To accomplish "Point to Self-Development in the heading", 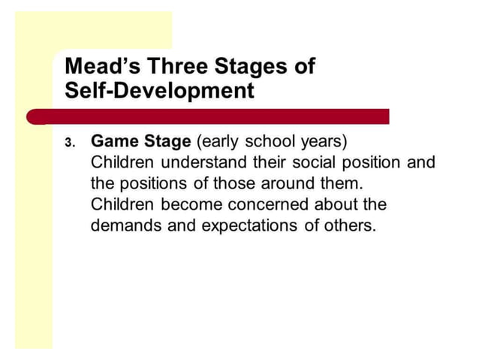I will pyautogui.click(x=159, y=91).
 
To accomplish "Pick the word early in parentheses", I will pyautogui.click(x=220, y=141).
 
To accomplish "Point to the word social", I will pyautogui.click(x=308, y=162).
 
